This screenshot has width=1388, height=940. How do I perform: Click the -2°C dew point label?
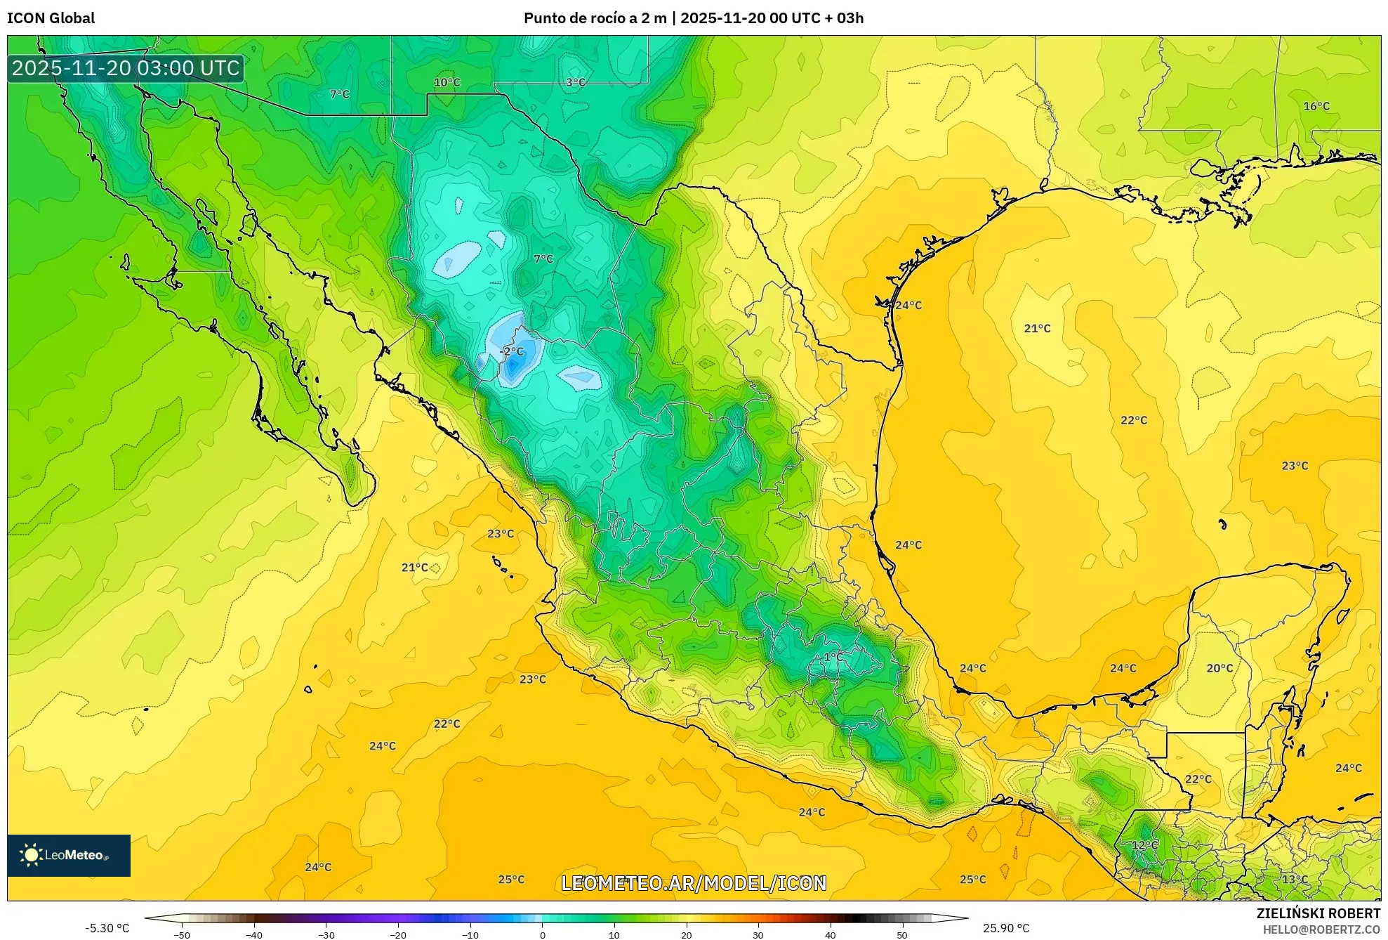click(511, 351)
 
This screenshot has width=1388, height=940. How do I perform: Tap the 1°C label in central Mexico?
click(833, 657)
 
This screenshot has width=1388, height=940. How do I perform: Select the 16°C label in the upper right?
click(1316, 106)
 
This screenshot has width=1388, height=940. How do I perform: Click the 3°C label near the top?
click(576, 82)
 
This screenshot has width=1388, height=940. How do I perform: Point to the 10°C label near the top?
click(447, 82)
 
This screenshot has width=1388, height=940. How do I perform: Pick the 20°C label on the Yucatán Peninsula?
click(1220, 668)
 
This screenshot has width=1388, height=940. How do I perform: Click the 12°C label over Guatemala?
click(1144, 844)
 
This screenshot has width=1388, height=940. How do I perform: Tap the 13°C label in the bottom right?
click(1295, 879)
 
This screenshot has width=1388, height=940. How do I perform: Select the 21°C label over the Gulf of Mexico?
click(1037, 328)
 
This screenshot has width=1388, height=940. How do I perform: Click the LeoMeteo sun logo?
click(31, 855)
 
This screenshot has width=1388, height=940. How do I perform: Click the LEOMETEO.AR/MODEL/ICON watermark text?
click(694, 883)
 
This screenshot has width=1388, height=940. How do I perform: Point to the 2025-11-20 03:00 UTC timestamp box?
click(126, 68)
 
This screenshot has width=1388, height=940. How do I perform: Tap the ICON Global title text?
click(51, 18)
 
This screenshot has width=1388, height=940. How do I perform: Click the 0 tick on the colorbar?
click(542, 934)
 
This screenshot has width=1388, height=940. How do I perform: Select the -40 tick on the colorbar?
click(254, 934)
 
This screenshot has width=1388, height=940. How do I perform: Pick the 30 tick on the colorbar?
click(758, 934)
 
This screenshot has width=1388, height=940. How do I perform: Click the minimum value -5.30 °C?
click(107, 928)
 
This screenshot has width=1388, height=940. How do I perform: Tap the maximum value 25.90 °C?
click(1006, 928)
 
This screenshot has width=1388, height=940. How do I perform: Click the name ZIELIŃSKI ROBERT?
click(1318, 913)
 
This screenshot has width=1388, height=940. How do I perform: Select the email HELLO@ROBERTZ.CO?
click(1321, 929)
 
